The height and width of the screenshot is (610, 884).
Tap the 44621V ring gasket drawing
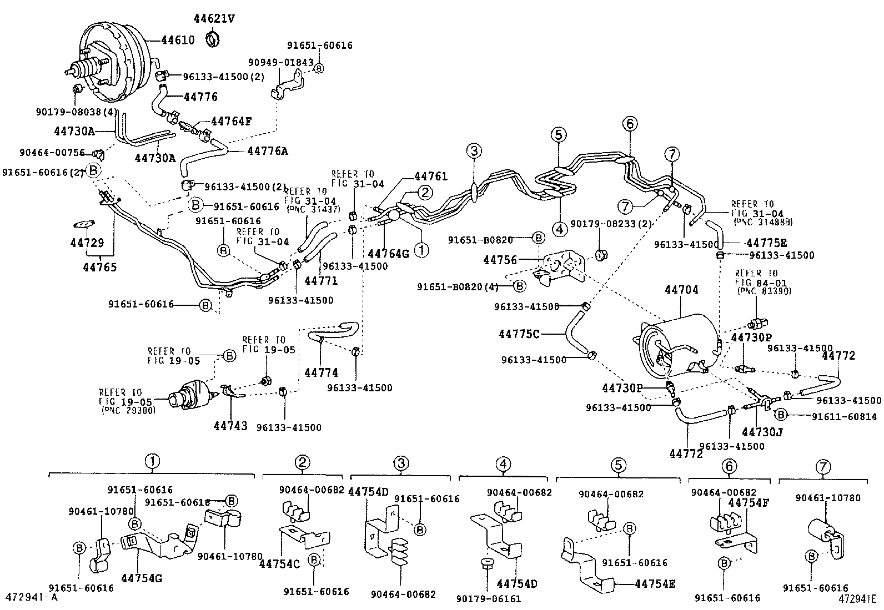tap(213, 39)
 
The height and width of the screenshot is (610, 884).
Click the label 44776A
tap(268, 151)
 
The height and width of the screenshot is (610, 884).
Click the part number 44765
tap(100, 268)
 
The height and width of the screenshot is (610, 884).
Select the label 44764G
tap(389, 254)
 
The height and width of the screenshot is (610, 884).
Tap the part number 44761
tap(430, 177)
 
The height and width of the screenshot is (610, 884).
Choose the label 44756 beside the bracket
tap(500, 260)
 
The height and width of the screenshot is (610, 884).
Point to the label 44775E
tap(767, 243)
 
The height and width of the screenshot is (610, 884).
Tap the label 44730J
tap(762, 431)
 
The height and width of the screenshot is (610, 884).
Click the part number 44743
tap(230, 426)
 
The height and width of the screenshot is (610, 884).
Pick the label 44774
tap(321, 373)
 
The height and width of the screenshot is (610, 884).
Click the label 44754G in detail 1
tap(142, 578)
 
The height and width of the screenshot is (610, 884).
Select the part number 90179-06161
tap(489, 598)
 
